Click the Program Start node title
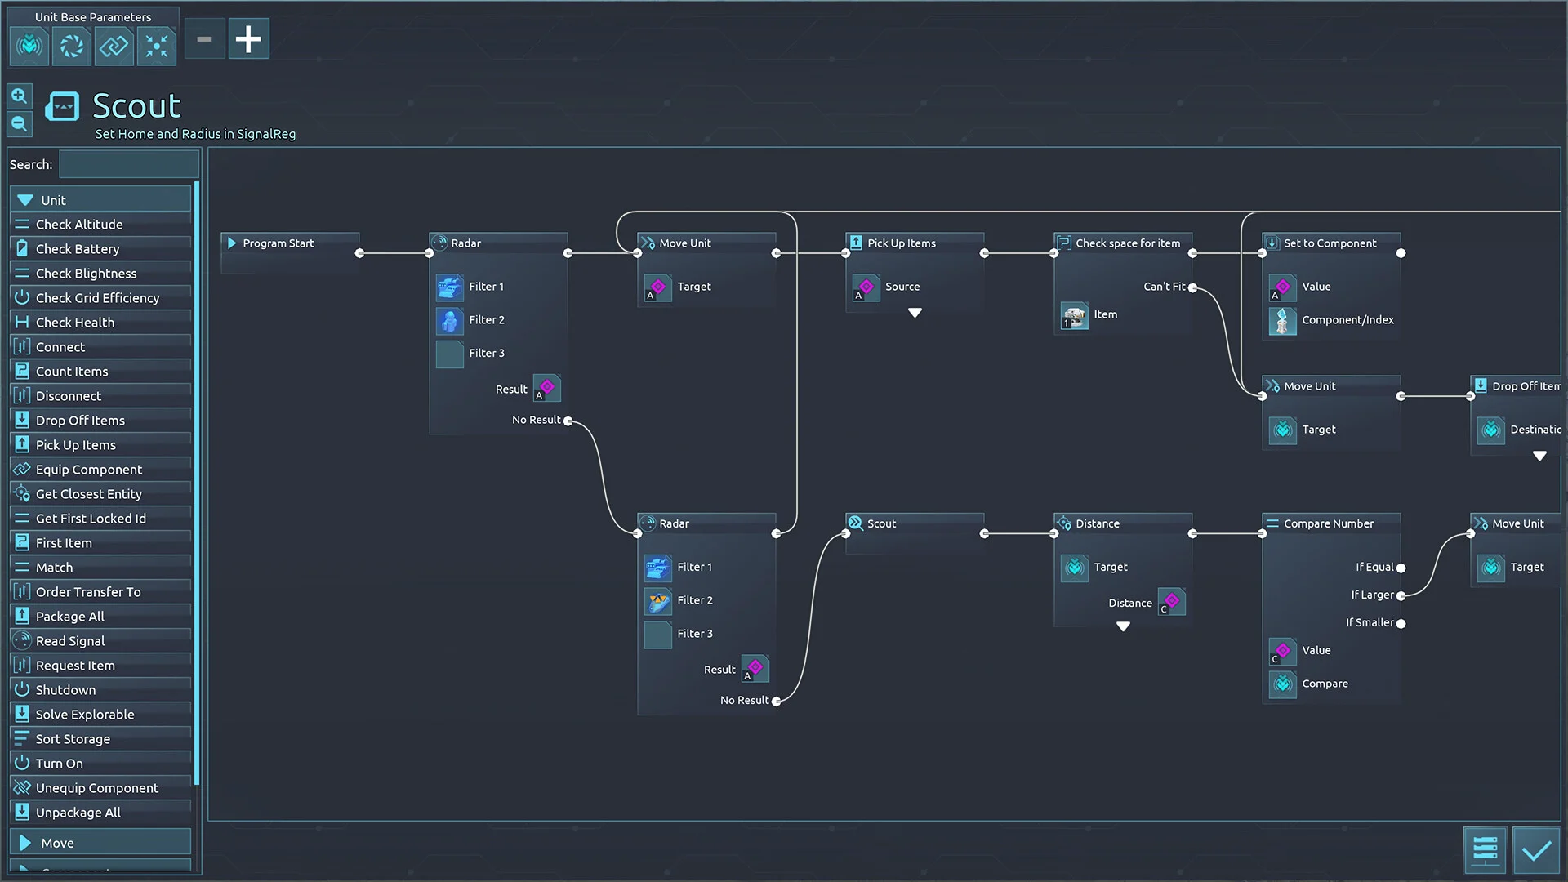point(278,243)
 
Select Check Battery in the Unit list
point(78,249)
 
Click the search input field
point(129,164)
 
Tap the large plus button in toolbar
point(248,39)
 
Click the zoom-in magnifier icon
point(20,96)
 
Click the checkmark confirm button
point(1535,851)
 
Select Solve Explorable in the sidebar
point(85,715)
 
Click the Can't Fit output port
point(1192,287)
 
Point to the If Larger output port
point(1401,595)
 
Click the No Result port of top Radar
point(568,421)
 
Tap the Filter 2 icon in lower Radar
point(657,601)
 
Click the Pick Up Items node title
point(901,243)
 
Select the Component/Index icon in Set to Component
point(1282,320)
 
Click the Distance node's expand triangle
point(1123,626)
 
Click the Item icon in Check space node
point(1074,315)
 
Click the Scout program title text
point(136,106)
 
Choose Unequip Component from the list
point(96,788)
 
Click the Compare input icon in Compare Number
point(1282,684)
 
